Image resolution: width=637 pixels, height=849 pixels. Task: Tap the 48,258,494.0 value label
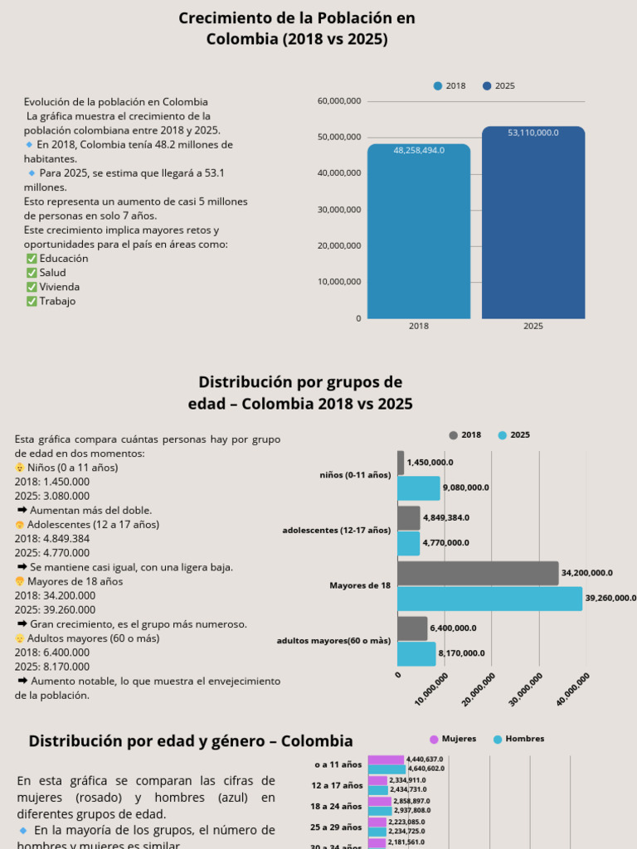419,150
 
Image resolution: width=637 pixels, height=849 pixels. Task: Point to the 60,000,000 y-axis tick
339,101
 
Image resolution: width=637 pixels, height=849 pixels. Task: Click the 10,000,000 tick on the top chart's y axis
339,282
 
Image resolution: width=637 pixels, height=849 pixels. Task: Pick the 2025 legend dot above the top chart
487,86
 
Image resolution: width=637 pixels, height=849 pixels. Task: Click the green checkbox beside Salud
32,273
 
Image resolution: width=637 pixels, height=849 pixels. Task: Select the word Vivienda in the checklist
60,287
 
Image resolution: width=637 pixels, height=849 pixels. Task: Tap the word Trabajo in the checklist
57,301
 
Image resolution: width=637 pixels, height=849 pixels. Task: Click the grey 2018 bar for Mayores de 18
478,573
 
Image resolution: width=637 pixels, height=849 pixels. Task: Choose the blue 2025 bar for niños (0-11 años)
419,488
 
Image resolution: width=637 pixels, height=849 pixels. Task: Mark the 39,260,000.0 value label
610,598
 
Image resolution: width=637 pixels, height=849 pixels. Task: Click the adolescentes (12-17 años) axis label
336,530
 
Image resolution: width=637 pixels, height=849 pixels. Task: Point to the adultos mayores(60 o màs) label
333,641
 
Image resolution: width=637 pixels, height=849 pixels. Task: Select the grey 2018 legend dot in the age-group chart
453,435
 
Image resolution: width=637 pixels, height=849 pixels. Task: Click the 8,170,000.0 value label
462,653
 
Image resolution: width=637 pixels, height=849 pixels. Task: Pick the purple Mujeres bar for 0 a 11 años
386,759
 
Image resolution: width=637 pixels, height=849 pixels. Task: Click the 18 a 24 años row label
337,806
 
